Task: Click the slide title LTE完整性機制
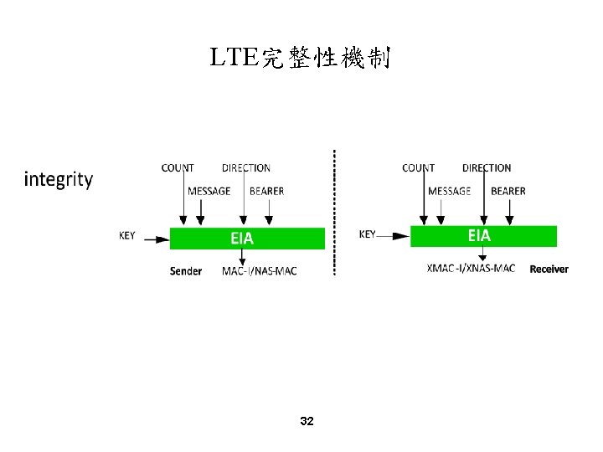[301, 59]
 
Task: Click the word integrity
[59, 179]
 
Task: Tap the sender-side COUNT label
[178, 168]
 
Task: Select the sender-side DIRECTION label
[246, 168]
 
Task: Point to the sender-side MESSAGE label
[209, 191]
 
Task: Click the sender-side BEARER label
[266, 191]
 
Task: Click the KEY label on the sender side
[126, 236]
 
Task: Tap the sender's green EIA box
[247, 238]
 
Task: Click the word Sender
[186, 271]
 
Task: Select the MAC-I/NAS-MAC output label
[260, 271]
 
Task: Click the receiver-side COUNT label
[418, 168]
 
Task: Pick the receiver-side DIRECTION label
[487, 168]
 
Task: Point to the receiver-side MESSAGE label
[450, 191]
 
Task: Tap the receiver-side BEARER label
[508, 191]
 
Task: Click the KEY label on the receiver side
[368, 234]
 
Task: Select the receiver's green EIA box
[483, 236]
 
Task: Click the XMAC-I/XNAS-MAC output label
[471, 268]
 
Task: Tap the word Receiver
[549, 269]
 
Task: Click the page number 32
[307, 421]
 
